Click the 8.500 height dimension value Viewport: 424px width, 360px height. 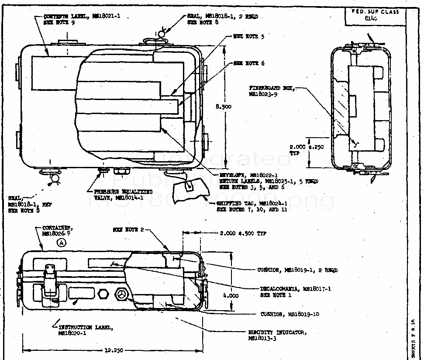point(224,107)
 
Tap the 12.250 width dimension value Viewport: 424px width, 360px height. point(112,350)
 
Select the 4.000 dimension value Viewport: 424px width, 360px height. point(231,296)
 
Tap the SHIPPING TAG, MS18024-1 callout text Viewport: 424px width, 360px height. point(252,206)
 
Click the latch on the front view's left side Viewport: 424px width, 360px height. point(49,277)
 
